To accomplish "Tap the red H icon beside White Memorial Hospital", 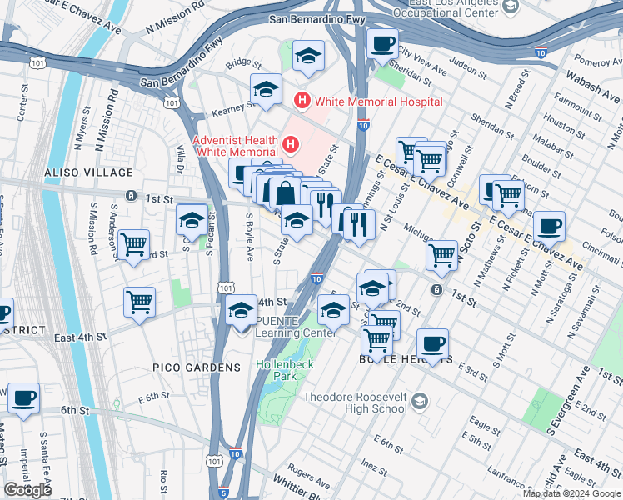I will tap(302, 102).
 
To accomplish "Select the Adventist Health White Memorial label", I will tap(236, 145).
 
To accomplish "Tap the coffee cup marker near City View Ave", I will tap(383, 44).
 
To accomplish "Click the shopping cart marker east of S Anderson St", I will tap(133, 245).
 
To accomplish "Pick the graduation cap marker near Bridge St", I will tap(309, 57).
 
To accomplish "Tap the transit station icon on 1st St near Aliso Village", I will tap(131, 196).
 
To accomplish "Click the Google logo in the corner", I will tap(27, 490).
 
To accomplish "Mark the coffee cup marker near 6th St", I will tap(24, 398).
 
